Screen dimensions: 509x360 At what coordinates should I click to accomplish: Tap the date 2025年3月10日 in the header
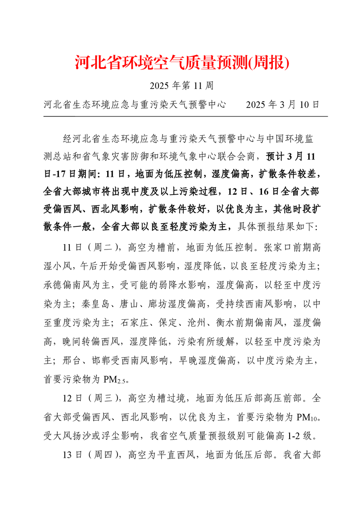pyautogui.click(x=283, y=105)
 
